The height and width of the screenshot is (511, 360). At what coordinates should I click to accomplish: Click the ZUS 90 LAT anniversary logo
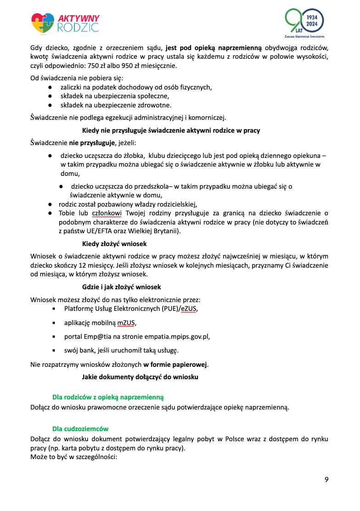(x=305, y=23)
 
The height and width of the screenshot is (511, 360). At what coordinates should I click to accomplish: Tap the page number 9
(x=326, y=480)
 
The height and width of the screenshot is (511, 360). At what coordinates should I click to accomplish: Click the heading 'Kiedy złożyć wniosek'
(x=114, y=243)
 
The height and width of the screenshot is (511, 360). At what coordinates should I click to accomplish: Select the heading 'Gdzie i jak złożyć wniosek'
(x=121, y=287)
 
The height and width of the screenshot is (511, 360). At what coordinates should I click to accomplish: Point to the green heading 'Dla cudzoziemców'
(x=80, y=429)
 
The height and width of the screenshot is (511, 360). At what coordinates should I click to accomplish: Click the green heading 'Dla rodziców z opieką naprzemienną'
(x=108, y=397)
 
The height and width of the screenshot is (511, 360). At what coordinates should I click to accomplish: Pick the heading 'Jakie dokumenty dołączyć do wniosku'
(x=140, y=377)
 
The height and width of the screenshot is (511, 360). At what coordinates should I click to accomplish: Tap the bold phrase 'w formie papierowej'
(x=175, y=365)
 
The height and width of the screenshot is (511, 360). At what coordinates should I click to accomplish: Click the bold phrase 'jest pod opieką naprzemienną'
(x=214, y=47)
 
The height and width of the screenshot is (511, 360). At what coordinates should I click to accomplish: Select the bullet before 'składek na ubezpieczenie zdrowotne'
(x=51, y=105)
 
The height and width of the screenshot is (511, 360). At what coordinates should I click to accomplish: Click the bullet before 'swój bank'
(x=54, y=350)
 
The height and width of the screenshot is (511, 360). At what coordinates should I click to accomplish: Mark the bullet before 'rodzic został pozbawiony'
(x=51, y=204)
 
